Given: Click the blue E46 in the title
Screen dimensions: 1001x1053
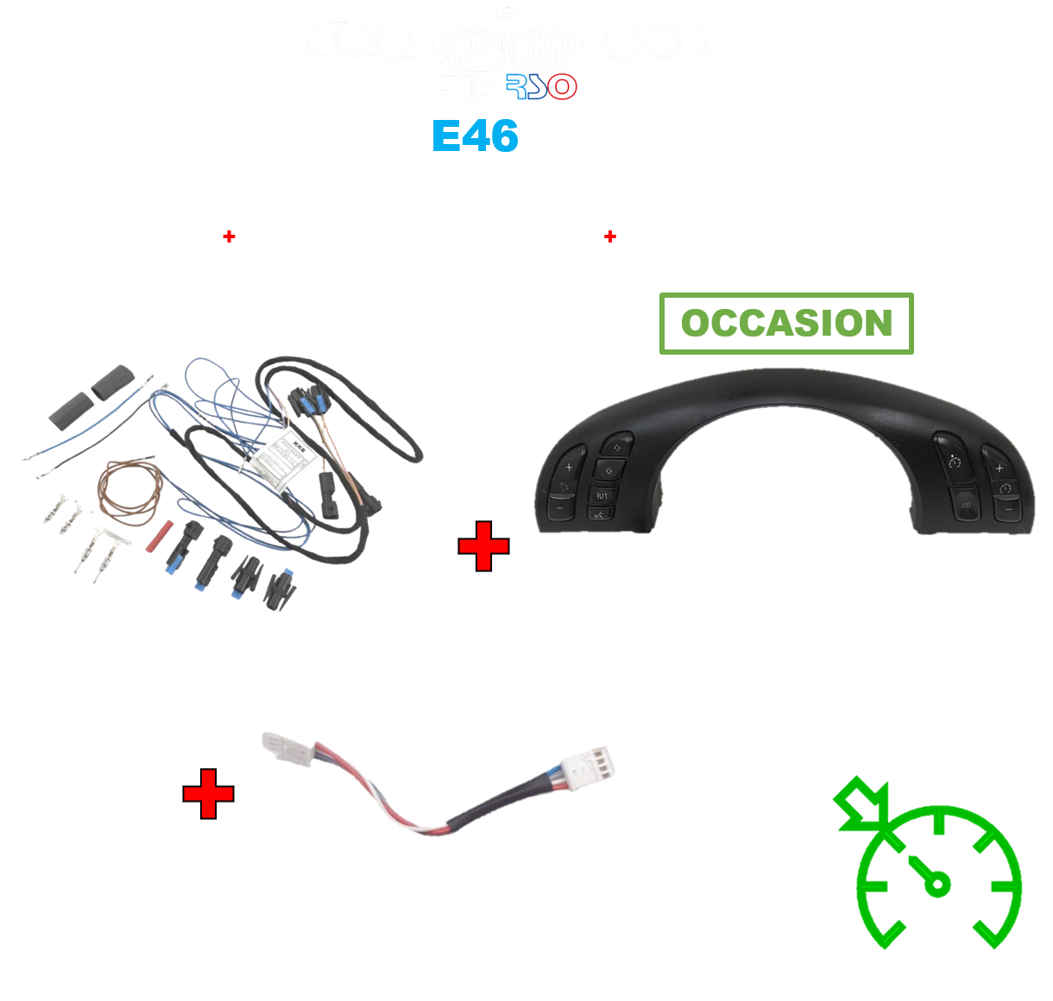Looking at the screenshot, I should (475, 136).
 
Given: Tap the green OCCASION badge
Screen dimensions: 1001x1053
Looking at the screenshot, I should (786, 324).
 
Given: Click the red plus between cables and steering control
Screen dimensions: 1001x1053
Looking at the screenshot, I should (483, 546).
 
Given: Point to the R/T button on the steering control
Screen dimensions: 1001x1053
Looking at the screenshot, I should (602, 495).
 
